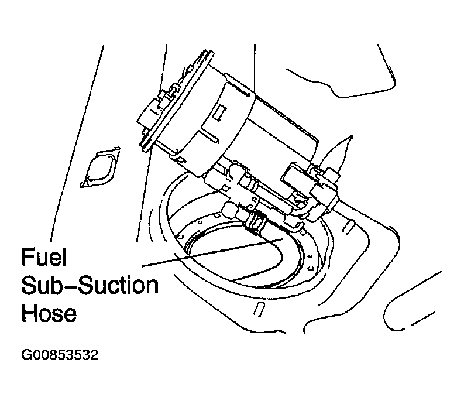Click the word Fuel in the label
(x=44, y=257)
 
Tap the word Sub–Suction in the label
(x=90, y=285)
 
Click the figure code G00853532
(x=60, y=355)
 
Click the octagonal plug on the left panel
(x=100, y=167)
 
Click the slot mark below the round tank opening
(x=259, y=309)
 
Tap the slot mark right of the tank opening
(x=348, y=225)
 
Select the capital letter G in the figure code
(x=25, y=355)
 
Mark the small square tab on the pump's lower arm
(x=225, y=188)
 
